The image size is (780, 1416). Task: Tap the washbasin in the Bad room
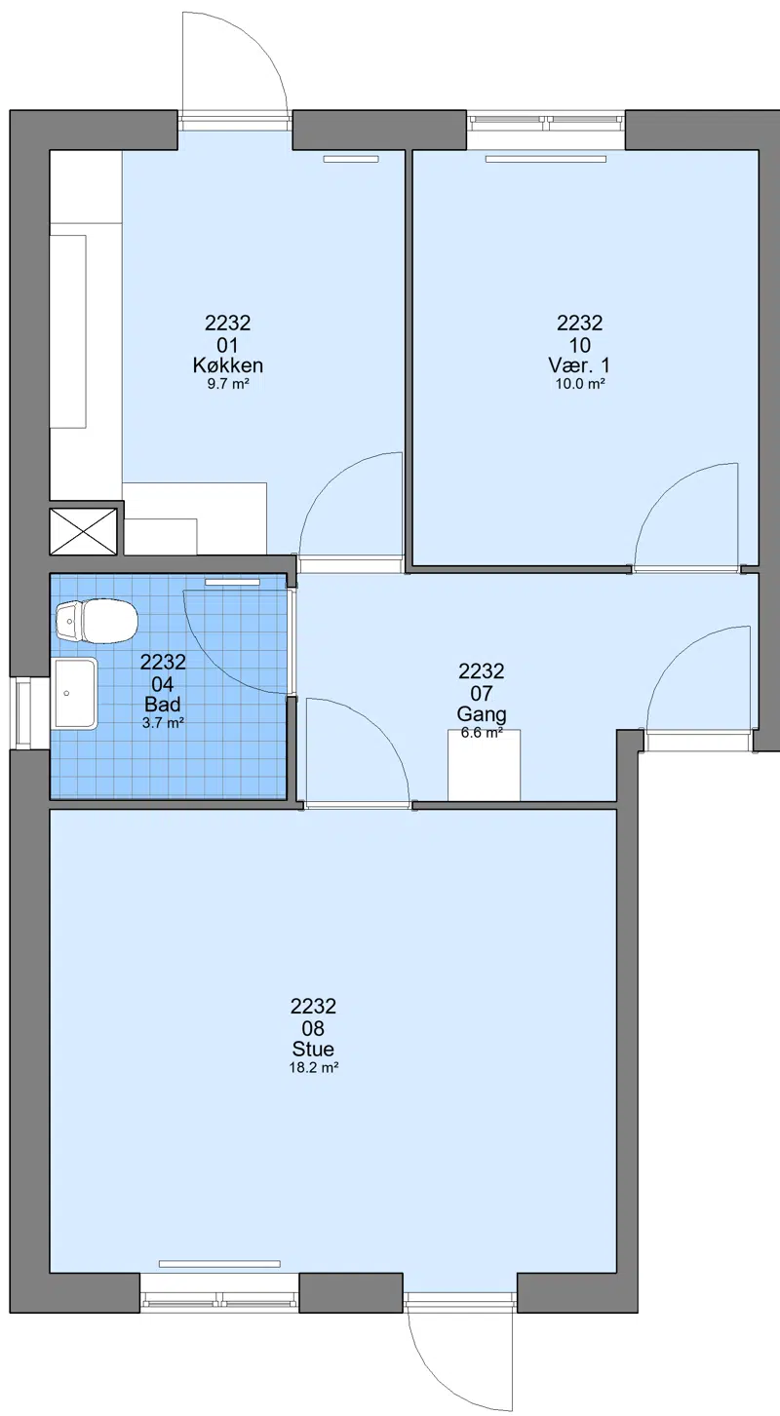76,694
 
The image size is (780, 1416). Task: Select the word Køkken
228,365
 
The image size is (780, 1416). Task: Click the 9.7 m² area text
228,384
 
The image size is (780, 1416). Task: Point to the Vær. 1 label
579,365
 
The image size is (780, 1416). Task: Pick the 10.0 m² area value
580,384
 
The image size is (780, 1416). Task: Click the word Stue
313,1050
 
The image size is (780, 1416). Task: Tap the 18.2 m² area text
313,1068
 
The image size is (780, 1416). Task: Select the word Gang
482,715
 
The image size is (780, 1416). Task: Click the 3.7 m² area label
163,723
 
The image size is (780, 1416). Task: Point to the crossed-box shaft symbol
84,531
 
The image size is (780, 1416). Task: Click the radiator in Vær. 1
546,159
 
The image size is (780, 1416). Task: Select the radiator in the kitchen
351,159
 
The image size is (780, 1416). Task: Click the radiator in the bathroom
232,582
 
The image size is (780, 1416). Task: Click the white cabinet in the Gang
484,765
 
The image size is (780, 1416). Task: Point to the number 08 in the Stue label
313,1028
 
